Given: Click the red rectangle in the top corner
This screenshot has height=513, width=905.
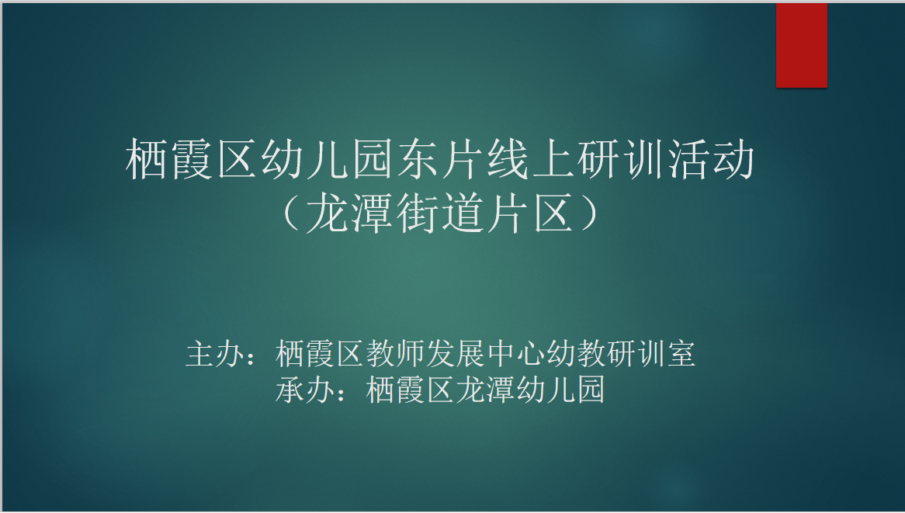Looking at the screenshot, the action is pos(801,46).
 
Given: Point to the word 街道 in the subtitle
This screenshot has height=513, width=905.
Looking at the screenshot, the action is pos(441,213).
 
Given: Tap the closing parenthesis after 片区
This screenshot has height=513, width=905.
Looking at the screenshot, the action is pos(591,213).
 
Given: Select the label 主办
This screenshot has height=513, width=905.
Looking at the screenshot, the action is pos(215,354).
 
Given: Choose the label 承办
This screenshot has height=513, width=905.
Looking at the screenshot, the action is pos(305,390).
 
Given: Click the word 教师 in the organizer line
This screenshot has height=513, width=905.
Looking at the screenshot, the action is pos(395,354).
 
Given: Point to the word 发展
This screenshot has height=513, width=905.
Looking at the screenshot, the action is pos(456,354).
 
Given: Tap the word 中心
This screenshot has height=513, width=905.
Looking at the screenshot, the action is pos(516,354).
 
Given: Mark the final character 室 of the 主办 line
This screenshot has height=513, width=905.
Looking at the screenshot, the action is pos(681,354).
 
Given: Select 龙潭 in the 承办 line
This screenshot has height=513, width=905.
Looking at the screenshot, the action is pos(485,390).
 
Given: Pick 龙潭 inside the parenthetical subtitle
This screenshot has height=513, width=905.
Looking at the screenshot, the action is pos(350,213).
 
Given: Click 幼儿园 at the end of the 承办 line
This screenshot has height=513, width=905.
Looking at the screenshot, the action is pos(560,390).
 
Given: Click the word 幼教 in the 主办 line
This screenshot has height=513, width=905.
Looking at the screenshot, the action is pos(576,354).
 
